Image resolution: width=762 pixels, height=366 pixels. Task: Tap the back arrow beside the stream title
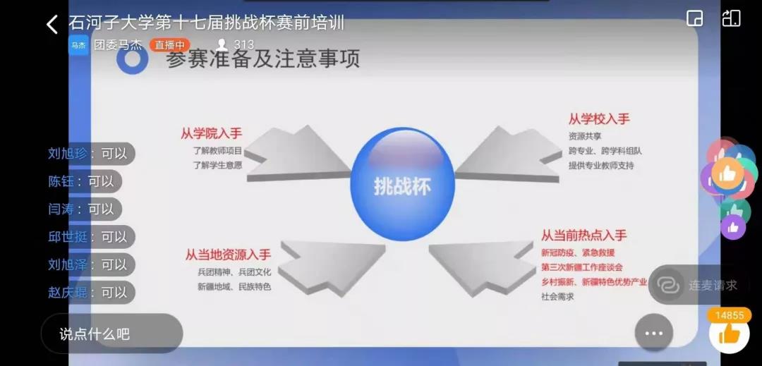(x=52, y=25)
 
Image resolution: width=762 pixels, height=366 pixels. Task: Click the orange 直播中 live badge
(x=169, y=45)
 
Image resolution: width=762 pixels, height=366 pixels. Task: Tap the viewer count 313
(x=243, y=45)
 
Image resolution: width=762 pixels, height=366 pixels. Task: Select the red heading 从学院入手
(x=212, y=133)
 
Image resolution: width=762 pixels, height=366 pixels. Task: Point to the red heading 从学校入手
(x=599, y=118)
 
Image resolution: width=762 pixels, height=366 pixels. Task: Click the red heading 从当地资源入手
(x=228, y=254)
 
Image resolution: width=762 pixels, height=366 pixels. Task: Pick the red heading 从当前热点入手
(x=583, y=235)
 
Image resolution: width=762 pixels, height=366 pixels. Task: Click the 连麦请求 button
(x=698, y=285)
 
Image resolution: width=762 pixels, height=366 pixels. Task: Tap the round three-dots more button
(x=653, y=333)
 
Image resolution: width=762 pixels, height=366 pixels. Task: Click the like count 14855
(x=730, y=315)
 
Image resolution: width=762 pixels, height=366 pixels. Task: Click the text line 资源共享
(x=585, y=136)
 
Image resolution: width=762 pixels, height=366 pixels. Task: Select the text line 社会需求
(x=557, y=297)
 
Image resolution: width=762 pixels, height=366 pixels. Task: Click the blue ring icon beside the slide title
(x=132, y=59)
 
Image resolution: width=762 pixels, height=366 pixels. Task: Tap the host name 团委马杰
(x=118, y=45)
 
